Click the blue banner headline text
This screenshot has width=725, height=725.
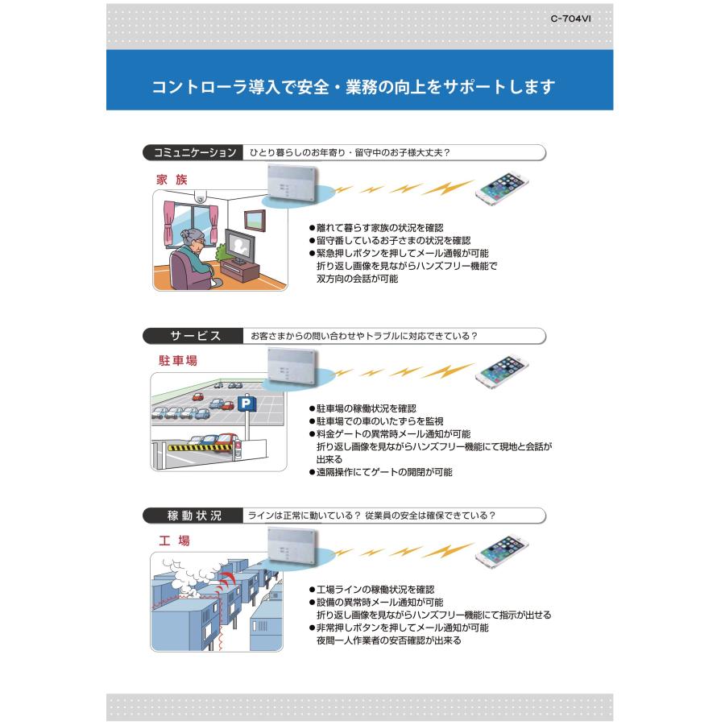[354, 87]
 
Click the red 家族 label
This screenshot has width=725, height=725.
[172, 180]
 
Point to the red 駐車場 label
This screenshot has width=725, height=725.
[177, 361]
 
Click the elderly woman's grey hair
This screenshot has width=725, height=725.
[196, 237]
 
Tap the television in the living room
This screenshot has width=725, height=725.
[239, 245]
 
